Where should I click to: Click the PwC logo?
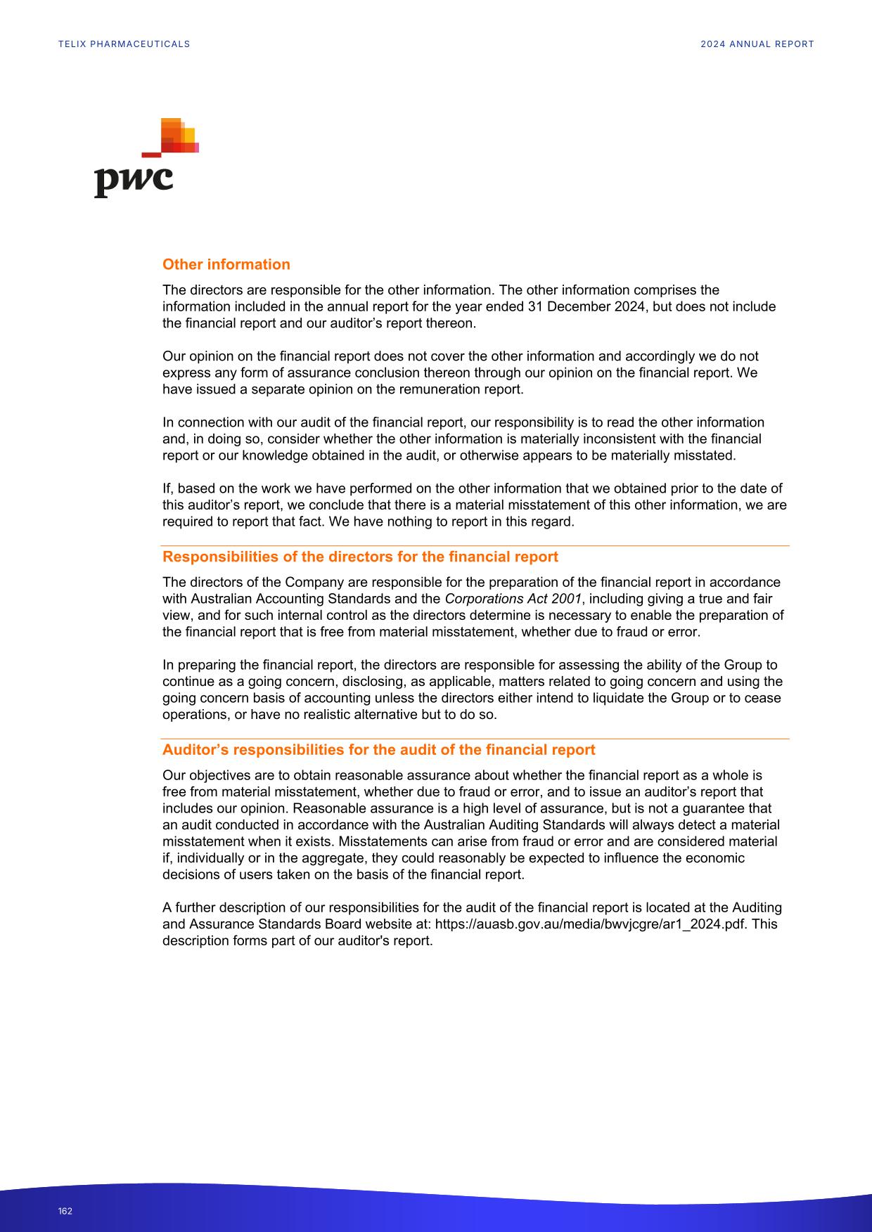click(146, 159)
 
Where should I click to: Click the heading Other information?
click(226, 264)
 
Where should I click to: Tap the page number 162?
click(65, 1211)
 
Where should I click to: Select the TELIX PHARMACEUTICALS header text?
click(124, 44)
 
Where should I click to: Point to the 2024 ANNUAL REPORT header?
click(757, 44)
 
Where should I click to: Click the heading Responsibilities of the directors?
click(360, 557)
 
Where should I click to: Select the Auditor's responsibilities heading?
click(378, 749)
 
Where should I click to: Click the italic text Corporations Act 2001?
click(513, 599)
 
